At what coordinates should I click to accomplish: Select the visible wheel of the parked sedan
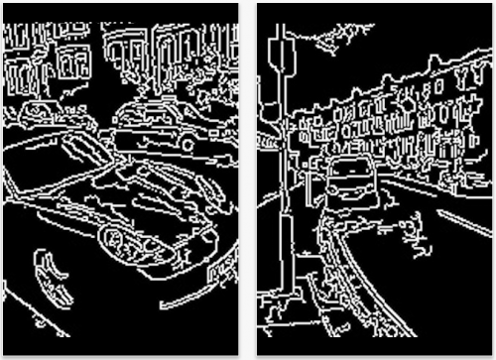point(186,142)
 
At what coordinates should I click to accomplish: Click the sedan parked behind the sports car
point(159,124)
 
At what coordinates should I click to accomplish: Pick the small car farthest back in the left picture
point(38,111)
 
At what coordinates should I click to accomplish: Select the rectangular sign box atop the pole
point(281,55)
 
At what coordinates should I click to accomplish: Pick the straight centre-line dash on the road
point(463,222)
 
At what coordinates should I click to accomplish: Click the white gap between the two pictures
point(247,179)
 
